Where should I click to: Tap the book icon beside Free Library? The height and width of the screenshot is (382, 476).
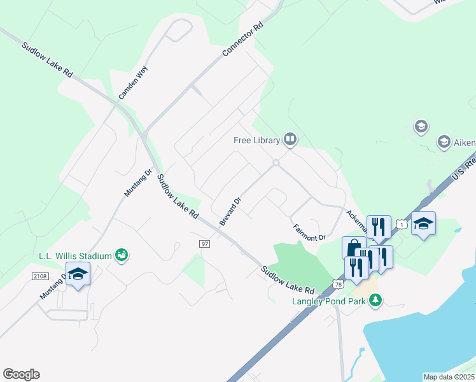pyautogui.click(x=290, y=139)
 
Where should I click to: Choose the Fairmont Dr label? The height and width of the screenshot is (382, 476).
pyautogui.click(x=310, y=232)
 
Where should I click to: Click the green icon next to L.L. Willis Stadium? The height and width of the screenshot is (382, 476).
pyautogui.click(x=121, y=255)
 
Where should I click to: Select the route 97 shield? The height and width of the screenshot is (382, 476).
pyautogui.click(x=204, y=244)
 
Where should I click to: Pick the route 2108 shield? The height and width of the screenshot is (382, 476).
pyautogui.click(x=40, y=275)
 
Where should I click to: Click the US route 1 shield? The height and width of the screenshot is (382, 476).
pyautogui.click(x=400, y=223)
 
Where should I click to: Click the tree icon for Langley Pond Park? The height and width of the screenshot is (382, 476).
pyautogui.click(x=375, y=299)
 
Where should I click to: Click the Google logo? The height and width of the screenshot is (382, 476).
pyautogui.click(x=21, y=374)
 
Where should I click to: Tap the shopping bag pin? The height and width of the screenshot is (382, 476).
pyautogui.click(x=353, y=247)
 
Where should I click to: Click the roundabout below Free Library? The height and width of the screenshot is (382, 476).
pyautogui.click(x=276, y=163)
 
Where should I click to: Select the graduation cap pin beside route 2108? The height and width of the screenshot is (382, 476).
pyautogui.click(x=78, y=274)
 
